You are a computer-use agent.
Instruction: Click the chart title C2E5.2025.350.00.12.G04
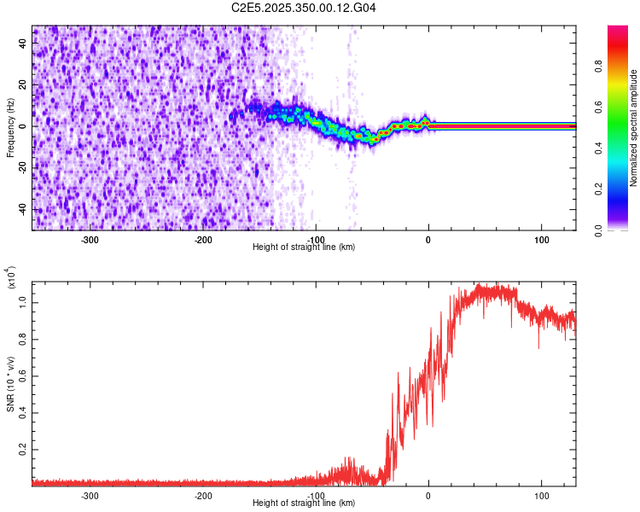click(305, 8)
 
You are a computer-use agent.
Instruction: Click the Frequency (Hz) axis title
click(10, 127)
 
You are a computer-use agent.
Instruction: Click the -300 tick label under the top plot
click(90, 240)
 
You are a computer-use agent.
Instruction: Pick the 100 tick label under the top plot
click(541, 240)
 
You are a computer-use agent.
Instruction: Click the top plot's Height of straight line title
click(304, 247)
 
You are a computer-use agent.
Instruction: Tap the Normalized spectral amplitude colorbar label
click(634, 128)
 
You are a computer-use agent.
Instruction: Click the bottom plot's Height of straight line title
click(304, 503)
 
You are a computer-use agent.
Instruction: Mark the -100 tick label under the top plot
click(316, 240)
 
